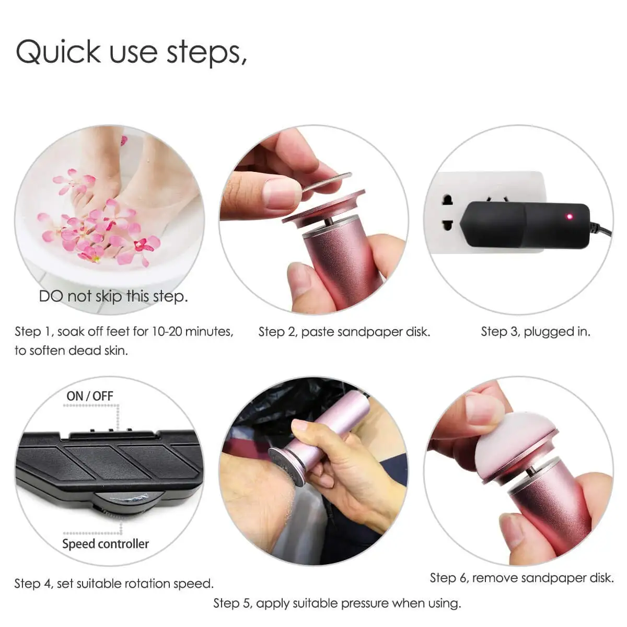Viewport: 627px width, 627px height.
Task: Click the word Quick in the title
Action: (57, 52)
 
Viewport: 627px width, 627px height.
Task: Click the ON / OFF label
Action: (89, 396)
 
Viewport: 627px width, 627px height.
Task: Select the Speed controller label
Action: (105, 544)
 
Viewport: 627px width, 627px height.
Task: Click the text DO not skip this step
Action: (113, 297)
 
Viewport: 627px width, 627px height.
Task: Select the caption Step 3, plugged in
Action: (535, 331)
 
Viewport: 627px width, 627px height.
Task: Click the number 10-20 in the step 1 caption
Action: (167, 331)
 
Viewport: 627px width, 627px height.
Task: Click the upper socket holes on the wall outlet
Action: (447, 201)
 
